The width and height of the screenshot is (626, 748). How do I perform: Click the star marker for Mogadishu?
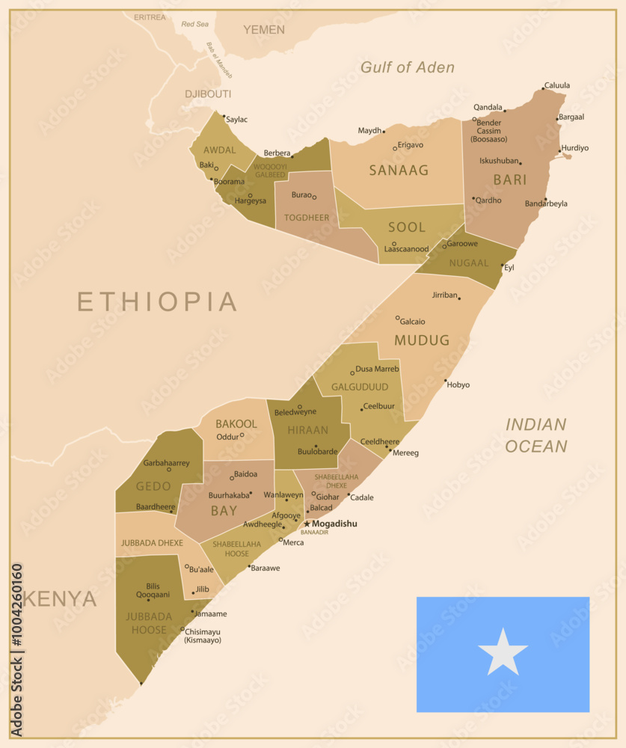coord(307,524)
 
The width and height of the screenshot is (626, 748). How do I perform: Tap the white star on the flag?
coord(503,652)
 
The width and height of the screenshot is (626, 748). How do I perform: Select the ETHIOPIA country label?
coord(157,301)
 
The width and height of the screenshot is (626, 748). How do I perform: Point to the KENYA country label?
coord(60,599)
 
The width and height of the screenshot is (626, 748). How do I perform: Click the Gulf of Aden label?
coord(407,67)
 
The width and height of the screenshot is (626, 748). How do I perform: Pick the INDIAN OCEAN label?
coord(536,435)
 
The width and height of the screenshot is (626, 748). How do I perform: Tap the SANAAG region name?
coord(399,171)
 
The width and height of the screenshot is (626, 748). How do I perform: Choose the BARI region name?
coord(509,180)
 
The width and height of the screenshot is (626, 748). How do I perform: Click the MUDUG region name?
coord(423,340)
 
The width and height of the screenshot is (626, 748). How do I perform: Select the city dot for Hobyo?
coord(446,381)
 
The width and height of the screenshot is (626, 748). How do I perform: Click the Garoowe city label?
coord(462,244)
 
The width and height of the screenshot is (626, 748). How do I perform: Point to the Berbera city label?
coord(276,153)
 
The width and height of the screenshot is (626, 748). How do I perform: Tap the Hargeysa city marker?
coord(250,195)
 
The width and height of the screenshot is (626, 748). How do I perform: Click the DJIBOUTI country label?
coord(208,94)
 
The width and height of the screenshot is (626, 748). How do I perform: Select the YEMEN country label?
coord(264,30)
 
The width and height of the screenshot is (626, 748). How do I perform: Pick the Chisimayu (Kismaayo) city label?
coord(203,635)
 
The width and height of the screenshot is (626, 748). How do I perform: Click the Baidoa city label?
coord(245,474)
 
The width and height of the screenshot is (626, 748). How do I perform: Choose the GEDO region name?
coord(153,486)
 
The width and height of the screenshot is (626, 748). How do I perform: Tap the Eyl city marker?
coord(502,265)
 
